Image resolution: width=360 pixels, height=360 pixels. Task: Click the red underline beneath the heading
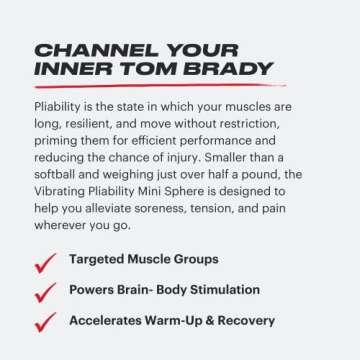point(150,88)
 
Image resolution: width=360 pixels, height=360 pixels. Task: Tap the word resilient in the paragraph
point(95,123)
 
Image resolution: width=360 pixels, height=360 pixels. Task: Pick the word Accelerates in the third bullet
point(109,322)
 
